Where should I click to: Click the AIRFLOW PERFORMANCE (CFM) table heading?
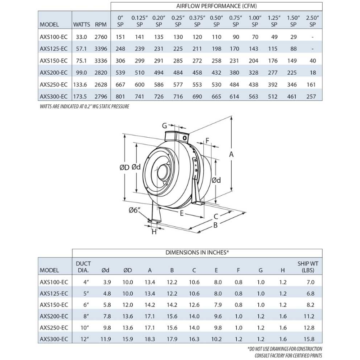click(216, 6)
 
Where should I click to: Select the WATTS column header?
click(81, 24)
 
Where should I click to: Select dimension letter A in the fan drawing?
click(231, 154)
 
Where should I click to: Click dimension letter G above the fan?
click(164, 125)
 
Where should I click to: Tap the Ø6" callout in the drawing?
click(135, 210)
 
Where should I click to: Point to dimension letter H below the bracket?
click(154, 232)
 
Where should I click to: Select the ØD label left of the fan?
click(124, 167)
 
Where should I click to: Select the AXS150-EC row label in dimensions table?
click(54, 304)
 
